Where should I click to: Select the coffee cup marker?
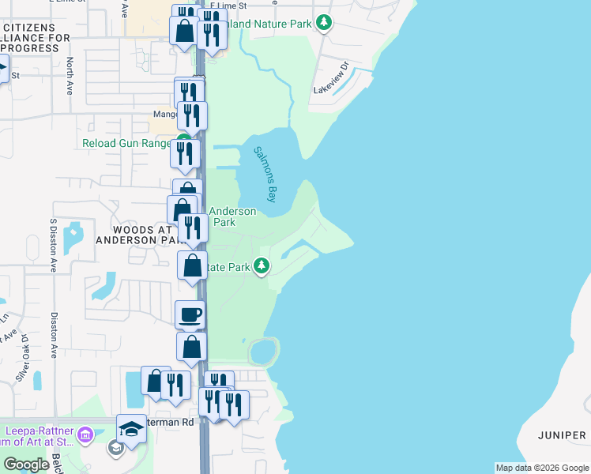coord(190,314)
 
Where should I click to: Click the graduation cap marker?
coord(132,427)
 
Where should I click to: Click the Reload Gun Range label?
coord(126,144)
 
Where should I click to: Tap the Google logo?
coord(27,465)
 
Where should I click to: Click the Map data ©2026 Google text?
coord(541,468)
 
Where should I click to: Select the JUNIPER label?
coord(562,435)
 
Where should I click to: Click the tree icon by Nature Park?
coord(323,23)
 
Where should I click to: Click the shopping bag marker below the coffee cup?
coord(191,347)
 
